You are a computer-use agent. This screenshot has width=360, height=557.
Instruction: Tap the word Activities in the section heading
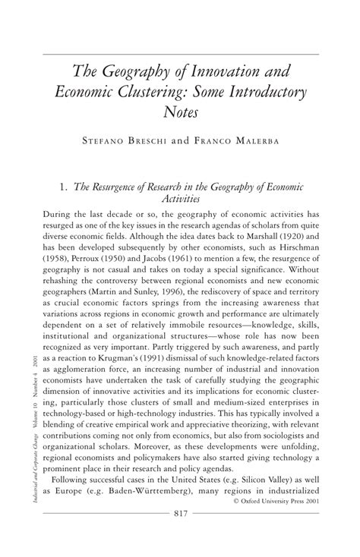pyautogui.click(x=179, y=200)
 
